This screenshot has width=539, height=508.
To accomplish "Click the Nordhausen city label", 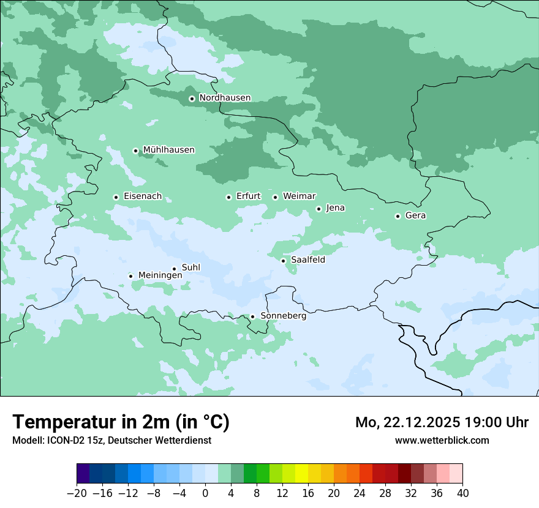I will pyautogui.click(x=225, y=98).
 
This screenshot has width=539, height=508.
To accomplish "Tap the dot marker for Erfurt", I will pyautogui.click(x=228, y=197).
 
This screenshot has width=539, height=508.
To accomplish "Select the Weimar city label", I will pyautogui.click(x=299, y=196).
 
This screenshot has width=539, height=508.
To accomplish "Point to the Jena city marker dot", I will pyautogui.click(x=318, y=209).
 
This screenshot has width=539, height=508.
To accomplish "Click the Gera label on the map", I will pyautogui.click(x=415, y=215).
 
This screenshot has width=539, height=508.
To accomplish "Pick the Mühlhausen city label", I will pyautogui.click(x=168, y=150).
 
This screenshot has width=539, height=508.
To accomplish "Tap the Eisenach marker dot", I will pyautogui.click(x=116, y=197).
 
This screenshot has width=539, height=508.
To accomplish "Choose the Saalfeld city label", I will pyautogui.click(x=307, y=260).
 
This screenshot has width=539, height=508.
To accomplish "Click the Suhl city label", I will pyautogui.click(x=190, y=267).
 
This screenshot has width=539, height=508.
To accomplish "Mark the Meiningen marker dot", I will pyautogui.click(x=130, y=276).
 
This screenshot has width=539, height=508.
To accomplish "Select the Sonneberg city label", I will pyautogui.click(x=283, y=316).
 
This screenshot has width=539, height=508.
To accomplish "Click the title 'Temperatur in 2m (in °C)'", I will pyautogui.click(x=121, y=422).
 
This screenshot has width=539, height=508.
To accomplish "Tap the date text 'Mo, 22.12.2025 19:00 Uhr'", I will pyautogui.click(x=442, y=422).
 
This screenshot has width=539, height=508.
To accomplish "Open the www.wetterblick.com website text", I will pyautogui.click(x=442, y=440).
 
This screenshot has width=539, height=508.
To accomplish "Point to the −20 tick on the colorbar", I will pyautogui.click(x=77, y=492).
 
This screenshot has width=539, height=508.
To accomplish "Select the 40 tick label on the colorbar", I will pyautogui.click(x=462, y=492).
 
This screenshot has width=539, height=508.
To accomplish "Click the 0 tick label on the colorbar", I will pyautogui.click(x=205, y=492).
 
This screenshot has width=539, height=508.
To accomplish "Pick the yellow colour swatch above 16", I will pyautogui.click(x=301, y=474).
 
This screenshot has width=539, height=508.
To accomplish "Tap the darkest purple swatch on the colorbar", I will pyautogui.click(x=83, y=474).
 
